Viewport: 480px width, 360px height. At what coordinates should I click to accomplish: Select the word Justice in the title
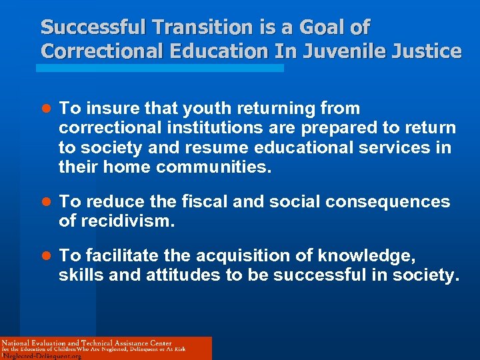[428, 51]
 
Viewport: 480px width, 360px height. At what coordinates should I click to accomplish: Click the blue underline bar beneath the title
[160, 68]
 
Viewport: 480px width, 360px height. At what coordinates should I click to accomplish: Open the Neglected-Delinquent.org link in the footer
[42, 355]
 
